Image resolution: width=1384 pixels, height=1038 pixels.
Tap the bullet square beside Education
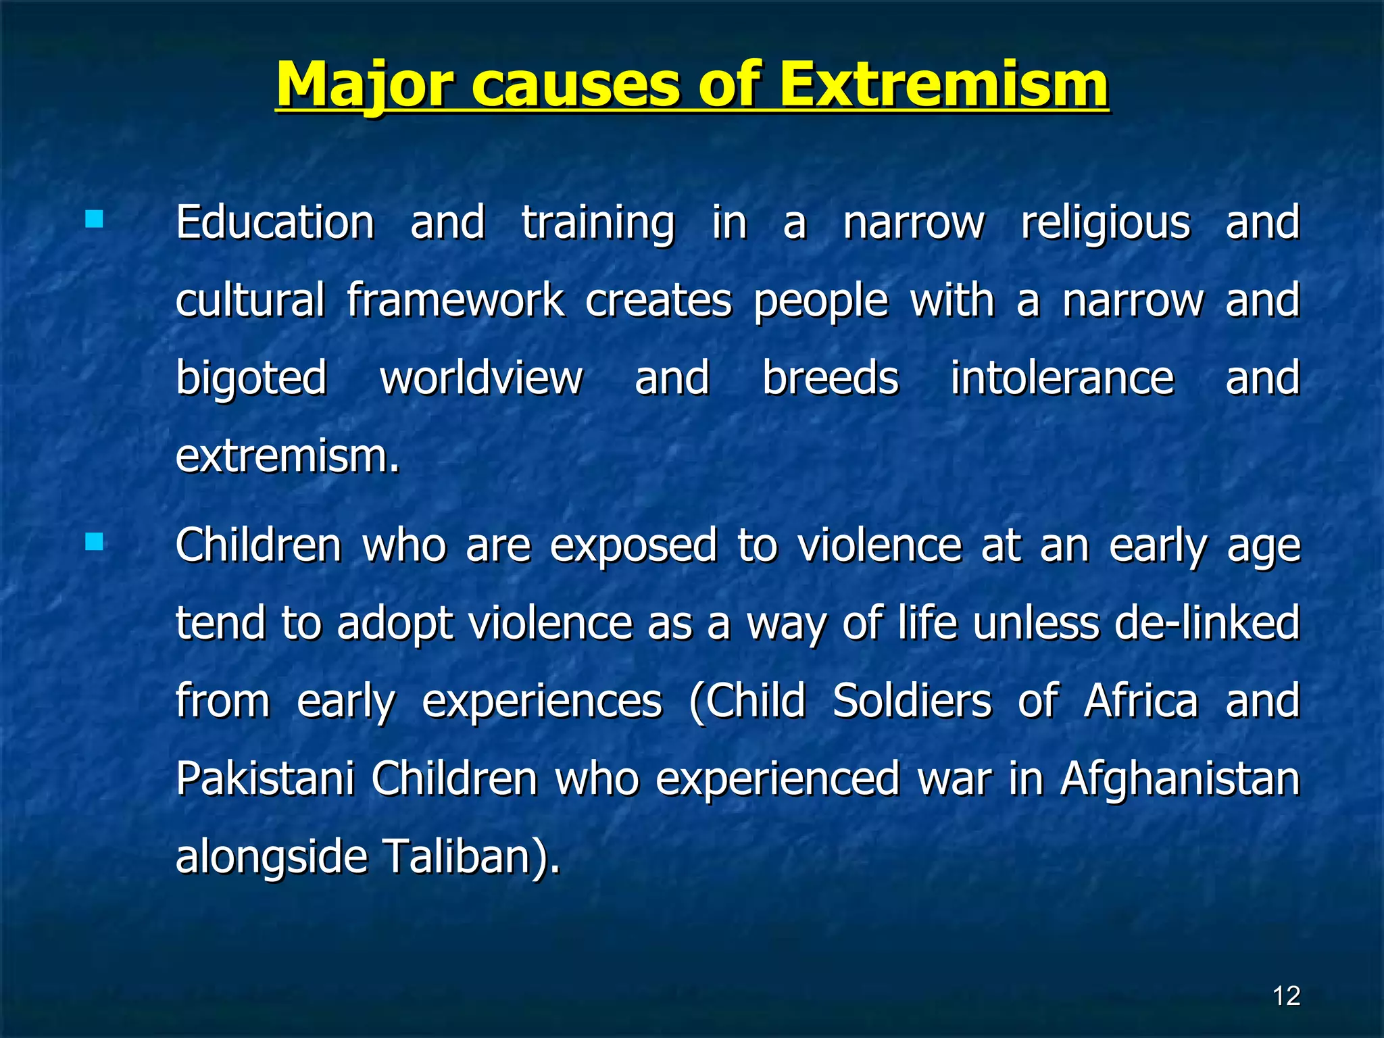pos(95,220)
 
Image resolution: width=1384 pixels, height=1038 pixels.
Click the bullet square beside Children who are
pos(95,542)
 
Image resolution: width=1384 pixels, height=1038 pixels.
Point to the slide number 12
pos(1286,996)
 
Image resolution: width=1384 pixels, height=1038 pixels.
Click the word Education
pos(275,223)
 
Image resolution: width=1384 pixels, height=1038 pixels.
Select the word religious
pos(1105,223)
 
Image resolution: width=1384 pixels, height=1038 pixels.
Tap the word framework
pos(455,301)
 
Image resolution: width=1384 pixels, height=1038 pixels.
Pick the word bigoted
pos(251,378)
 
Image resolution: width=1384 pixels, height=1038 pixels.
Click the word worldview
pos(480,378)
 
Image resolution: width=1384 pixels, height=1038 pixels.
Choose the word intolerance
pos(1062,378)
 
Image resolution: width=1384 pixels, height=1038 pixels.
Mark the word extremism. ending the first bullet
pos(287,457)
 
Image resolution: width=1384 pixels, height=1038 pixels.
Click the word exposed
pos(633,546)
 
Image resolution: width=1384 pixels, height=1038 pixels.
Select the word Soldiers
pos(912,701)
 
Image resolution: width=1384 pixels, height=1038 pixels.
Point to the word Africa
pos(1141,701)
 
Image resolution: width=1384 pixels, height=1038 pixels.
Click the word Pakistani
pos(265,779)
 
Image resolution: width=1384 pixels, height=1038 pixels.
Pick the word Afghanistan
pos(1179,779)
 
